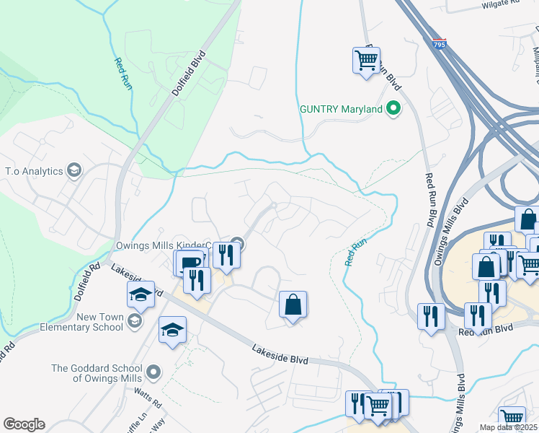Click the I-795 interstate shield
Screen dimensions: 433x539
[439, 44]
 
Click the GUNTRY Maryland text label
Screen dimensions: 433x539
[341, 110]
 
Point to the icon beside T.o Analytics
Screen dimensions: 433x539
[73, 171]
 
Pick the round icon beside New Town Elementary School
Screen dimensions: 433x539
[134, 319]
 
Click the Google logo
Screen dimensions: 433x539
[24, 424]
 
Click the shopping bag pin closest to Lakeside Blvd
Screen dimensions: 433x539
[293, 305]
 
